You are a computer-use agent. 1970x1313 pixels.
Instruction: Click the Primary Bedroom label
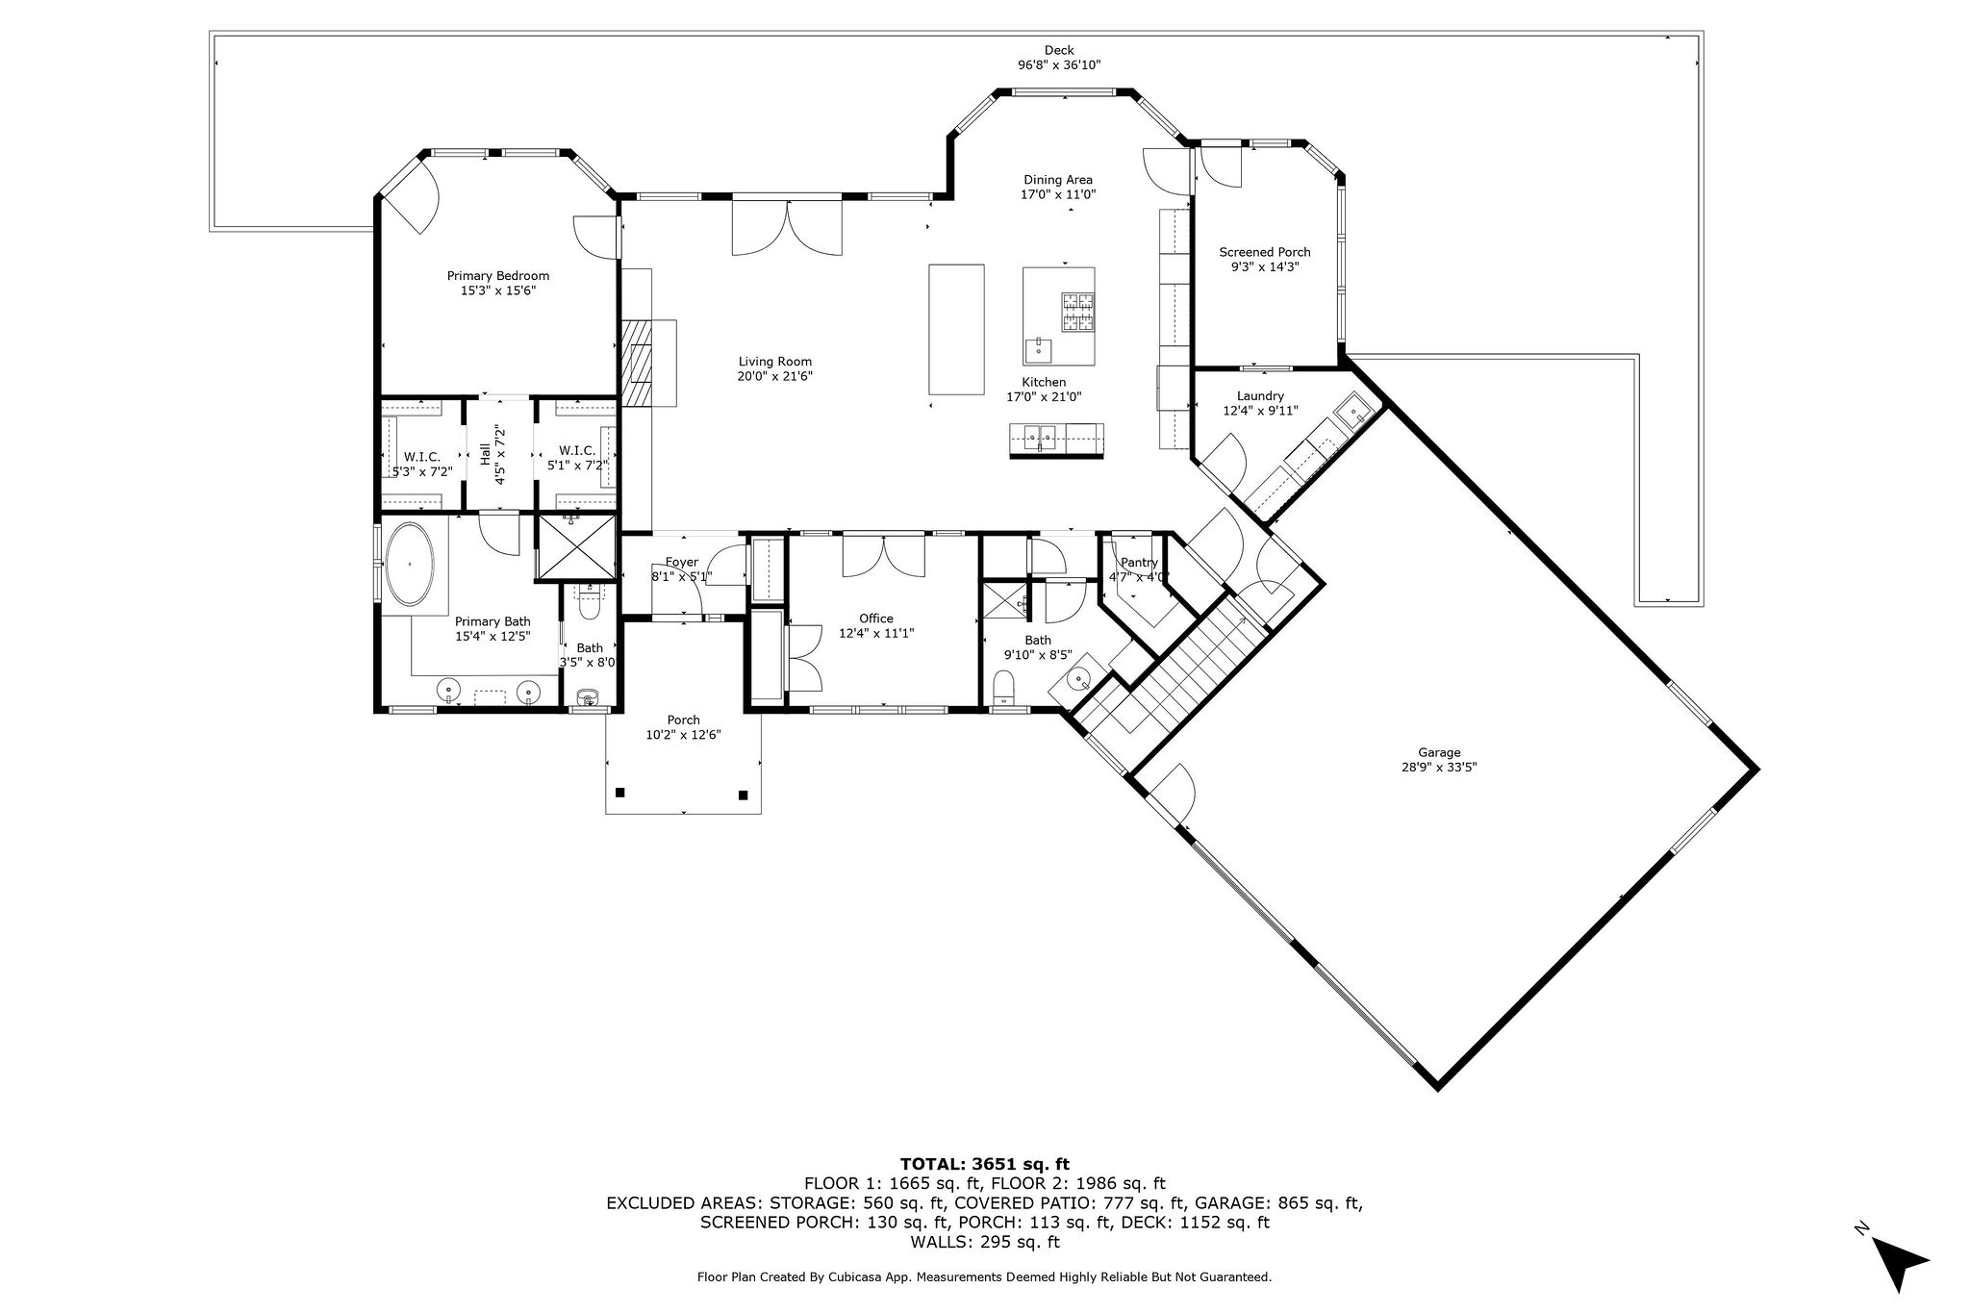coord(497,276)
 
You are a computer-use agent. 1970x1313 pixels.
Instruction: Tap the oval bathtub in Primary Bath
coord(411,564)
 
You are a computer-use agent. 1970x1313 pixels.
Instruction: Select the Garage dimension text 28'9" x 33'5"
coord(1439,768)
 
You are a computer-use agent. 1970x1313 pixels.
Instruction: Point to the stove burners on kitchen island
coord(1078,312)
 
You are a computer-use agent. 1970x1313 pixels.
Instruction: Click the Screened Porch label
coord(1265,252)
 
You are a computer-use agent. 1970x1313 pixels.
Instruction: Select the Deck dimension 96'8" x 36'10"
coord(1059,65)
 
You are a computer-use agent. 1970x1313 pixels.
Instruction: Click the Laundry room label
coord(1260,395)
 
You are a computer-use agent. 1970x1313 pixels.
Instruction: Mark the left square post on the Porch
coord(619,793)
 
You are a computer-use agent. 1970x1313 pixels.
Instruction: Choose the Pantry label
coord(1139,563)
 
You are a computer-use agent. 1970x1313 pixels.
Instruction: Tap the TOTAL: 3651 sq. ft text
coord(984,1163)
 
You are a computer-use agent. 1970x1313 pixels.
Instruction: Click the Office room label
coord(876,619)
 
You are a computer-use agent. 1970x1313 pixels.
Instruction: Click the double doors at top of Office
coord(883,556)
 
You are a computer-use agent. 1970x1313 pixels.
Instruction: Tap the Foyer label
coord(682,562)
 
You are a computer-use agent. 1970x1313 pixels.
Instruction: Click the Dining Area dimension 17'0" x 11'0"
coord(1058,194)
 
